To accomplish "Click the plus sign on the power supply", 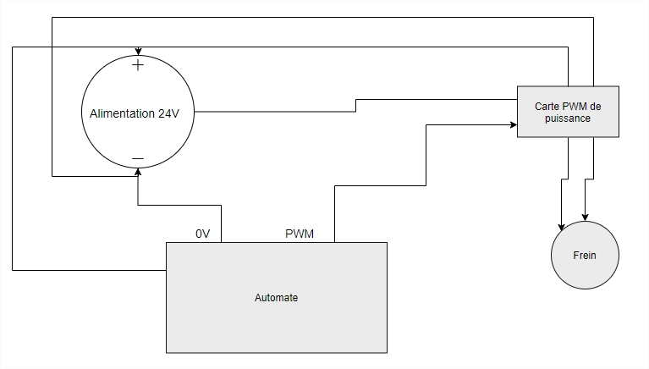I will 138,65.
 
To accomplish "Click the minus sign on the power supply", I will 138,159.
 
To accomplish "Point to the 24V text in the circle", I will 169,113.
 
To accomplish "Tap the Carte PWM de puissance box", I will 568,111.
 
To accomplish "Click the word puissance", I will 568,119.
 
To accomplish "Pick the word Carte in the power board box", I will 548,107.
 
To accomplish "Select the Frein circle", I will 585,255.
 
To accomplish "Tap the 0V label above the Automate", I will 203,234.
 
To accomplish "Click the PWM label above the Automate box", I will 300,234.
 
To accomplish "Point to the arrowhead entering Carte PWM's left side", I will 513,124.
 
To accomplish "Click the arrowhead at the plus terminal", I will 138,51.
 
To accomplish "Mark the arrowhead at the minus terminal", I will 138,172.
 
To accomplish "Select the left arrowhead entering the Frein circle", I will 560,226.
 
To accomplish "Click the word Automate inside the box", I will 276,298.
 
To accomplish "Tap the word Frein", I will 585,256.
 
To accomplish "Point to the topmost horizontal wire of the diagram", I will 322,17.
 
